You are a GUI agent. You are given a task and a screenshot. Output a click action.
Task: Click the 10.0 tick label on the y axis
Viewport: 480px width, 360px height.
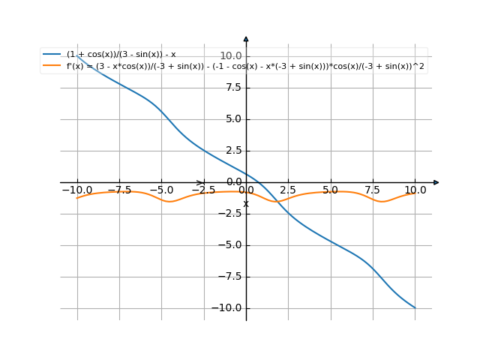coord(230,56)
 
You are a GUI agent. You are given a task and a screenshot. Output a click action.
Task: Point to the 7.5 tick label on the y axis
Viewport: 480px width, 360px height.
coord(233,88)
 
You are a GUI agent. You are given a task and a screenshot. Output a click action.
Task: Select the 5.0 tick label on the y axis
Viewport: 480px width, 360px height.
coord(233,119)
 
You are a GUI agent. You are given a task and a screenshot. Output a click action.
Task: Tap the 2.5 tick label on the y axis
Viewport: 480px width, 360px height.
coord(233,151)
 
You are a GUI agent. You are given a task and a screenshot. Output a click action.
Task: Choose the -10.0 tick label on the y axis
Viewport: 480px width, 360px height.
coord(228,308)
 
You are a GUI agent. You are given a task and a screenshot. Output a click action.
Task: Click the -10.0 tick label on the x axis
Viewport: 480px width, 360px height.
coord(77,190)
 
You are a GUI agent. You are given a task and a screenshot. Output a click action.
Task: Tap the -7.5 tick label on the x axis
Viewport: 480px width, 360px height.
coord(119,190)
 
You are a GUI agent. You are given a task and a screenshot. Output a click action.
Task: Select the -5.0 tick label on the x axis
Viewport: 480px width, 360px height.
coord(161,190)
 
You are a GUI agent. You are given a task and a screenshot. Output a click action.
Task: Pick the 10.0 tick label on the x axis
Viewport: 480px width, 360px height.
coord(415,190)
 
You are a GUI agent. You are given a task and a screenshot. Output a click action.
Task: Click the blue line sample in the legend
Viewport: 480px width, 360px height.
coord(52,54)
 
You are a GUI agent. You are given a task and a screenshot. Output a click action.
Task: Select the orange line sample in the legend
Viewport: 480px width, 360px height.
coord(52,66)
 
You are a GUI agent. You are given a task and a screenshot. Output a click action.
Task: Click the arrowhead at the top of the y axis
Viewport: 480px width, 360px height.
coord(246,39)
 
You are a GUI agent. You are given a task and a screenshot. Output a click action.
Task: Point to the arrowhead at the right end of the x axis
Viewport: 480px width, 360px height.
coord(436,182)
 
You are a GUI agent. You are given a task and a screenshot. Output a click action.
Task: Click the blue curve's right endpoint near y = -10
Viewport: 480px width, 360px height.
coord(415,307)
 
